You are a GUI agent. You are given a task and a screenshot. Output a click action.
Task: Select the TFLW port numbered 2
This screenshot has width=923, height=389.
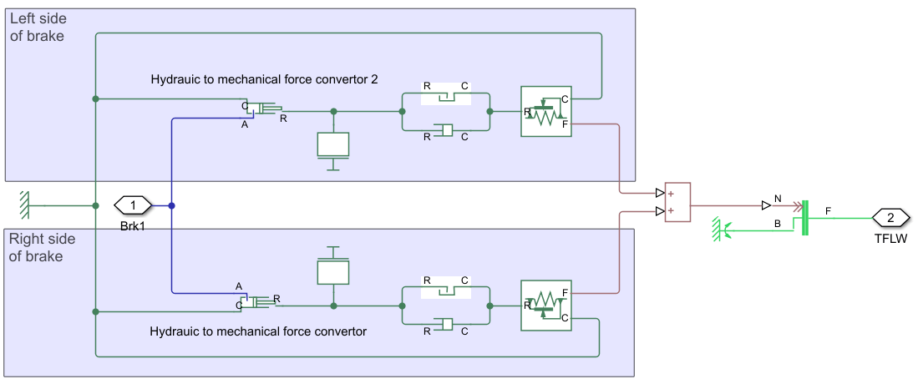click(x=890, y=218)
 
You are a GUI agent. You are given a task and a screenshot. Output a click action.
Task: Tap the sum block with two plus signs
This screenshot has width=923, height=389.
click(x=677, y=202)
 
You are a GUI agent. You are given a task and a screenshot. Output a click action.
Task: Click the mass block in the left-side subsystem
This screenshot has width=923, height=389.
click(x=333, y=144)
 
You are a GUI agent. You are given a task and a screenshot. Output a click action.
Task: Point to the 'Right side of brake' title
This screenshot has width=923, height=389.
click(x=42, y=247)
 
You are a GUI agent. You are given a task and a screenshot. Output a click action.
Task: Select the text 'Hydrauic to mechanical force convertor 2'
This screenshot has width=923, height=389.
click(x=264, y=80)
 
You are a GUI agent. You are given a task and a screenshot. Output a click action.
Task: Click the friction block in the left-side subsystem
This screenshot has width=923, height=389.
click(x=545, y=111)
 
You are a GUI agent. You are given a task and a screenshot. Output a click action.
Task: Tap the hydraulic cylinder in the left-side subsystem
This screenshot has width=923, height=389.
click(x=266, y=109)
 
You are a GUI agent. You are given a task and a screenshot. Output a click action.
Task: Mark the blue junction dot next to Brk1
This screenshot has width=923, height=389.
click(x=171, y=205)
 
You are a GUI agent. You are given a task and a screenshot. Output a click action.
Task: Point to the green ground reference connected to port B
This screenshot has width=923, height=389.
click(x=720, y=226)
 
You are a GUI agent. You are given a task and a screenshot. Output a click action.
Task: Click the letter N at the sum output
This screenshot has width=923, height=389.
click(x=778, y=199)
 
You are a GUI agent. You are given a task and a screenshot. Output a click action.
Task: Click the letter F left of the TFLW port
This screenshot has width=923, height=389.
click(x=829, y=210)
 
